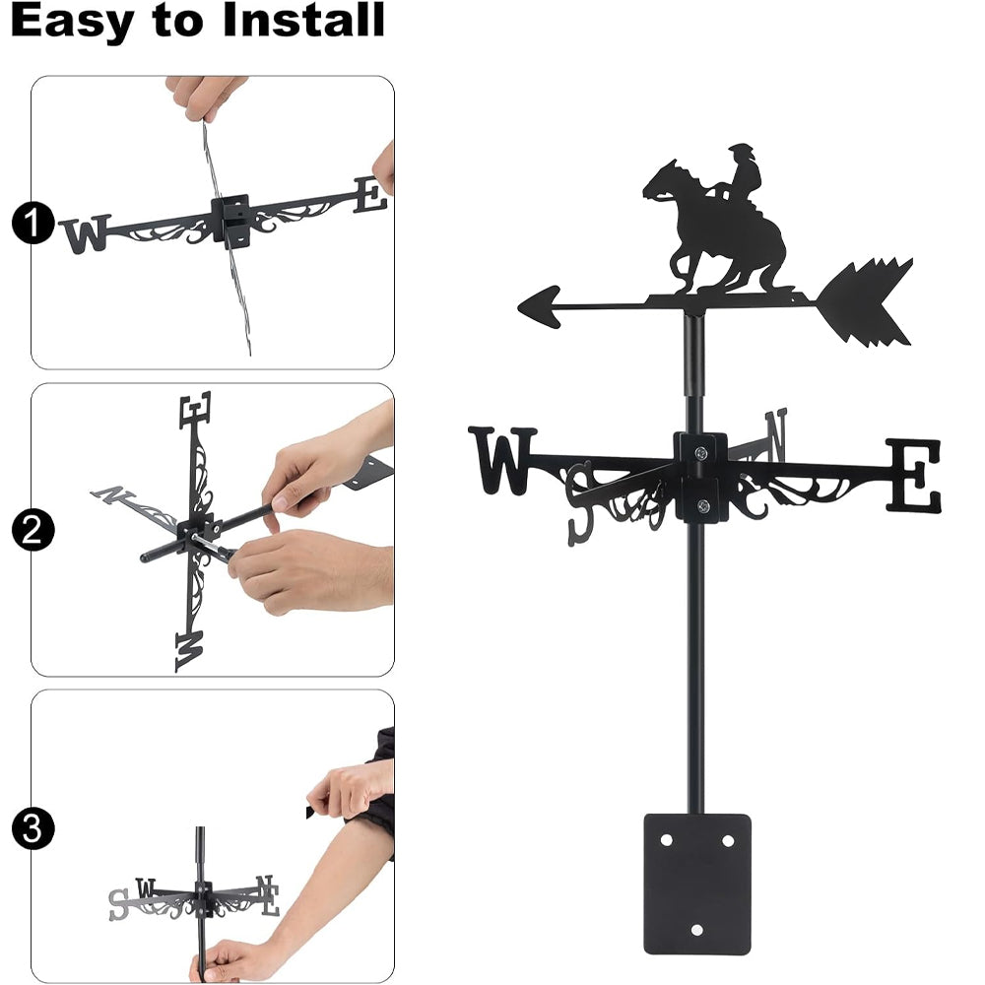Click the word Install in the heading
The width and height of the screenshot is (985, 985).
coord(303,20)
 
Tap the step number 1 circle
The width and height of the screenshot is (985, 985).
coord(33,223)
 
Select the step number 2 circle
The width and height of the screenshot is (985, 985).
coord(33,530)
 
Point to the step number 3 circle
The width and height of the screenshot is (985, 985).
coord(33,828)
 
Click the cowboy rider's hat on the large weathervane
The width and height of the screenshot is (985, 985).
coord(742,150)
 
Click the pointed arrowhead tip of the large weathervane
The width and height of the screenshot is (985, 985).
coord(519,307)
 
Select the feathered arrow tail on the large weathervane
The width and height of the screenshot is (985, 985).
coord(865,302)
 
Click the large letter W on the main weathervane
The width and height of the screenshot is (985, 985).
coord(503,460)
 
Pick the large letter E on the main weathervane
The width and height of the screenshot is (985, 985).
coord(914,476)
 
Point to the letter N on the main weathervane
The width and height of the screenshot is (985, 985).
coord(776,432)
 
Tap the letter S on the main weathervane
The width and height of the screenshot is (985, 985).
coord(579,502)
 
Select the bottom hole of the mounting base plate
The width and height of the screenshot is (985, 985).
coord(696,930)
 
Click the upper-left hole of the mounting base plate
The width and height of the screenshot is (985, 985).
coord(666,840)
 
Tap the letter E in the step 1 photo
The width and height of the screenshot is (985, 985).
coord(370,195)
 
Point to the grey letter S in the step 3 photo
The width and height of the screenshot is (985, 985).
coord(119,904)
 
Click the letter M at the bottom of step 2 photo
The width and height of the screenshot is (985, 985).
coord(189,651)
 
